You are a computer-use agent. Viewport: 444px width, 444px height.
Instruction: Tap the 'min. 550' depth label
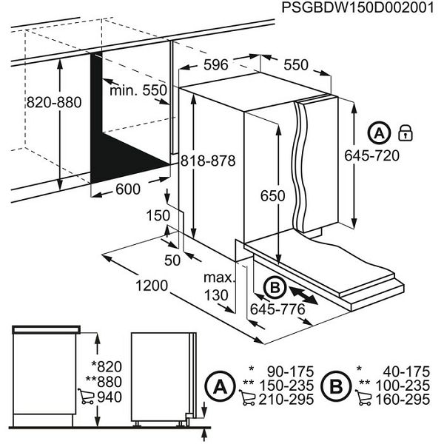tap(138, 90)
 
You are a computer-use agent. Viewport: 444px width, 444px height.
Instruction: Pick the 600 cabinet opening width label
tap(127, 189)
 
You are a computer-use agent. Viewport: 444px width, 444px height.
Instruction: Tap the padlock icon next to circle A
tap(405, 133)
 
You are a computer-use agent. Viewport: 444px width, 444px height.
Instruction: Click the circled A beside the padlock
tap(378, 133)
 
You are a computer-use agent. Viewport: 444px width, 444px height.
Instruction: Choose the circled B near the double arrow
tap(273, 286)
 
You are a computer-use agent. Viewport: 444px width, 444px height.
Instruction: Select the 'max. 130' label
tap(219, 287)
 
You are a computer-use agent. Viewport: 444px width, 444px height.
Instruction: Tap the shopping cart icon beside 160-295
tap(365, 400)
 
